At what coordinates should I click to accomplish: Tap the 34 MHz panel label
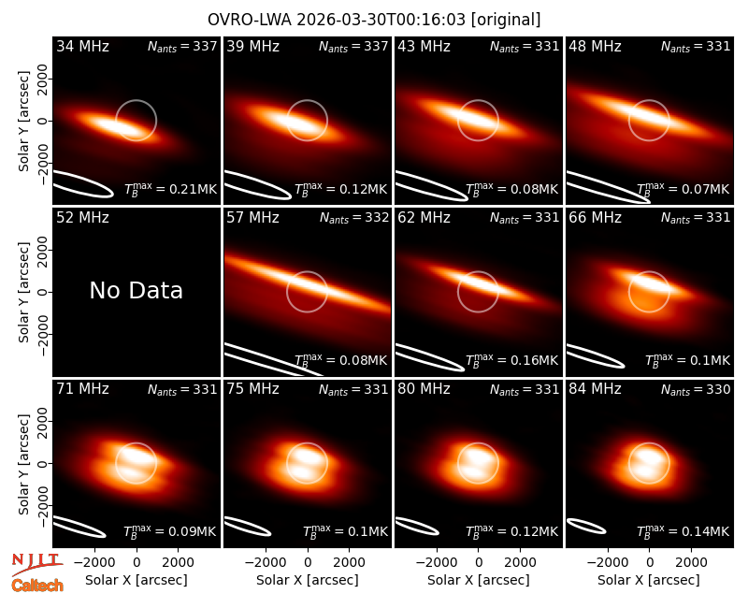(x=82, y=46)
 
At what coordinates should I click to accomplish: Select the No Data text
(x=136, y=290)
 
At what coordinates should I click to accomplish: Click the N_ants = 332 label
(x=354, y=218)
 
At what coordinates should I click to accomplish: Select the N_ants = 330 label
(x=696, y=390)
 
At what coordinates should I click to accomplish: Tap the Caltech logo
(x=37, y=586)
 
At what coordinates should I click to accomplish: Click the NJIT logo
(x=36, y=564)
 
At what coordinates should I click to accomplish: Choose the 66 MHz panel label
(x=595, y=218)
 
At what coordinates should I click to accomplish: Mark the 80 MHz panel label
(x=424, y=389)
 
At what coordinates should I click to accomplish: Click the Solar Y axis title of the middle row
(x=23, y=292)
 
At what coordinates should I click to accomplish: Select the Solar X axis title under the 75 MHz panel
(x=308, y=580)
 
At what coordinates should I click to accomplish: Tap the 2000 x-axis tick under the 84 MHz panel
(x=691, y=562)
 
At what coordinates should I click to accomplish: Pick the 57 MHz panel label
(x=252, y=218)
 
